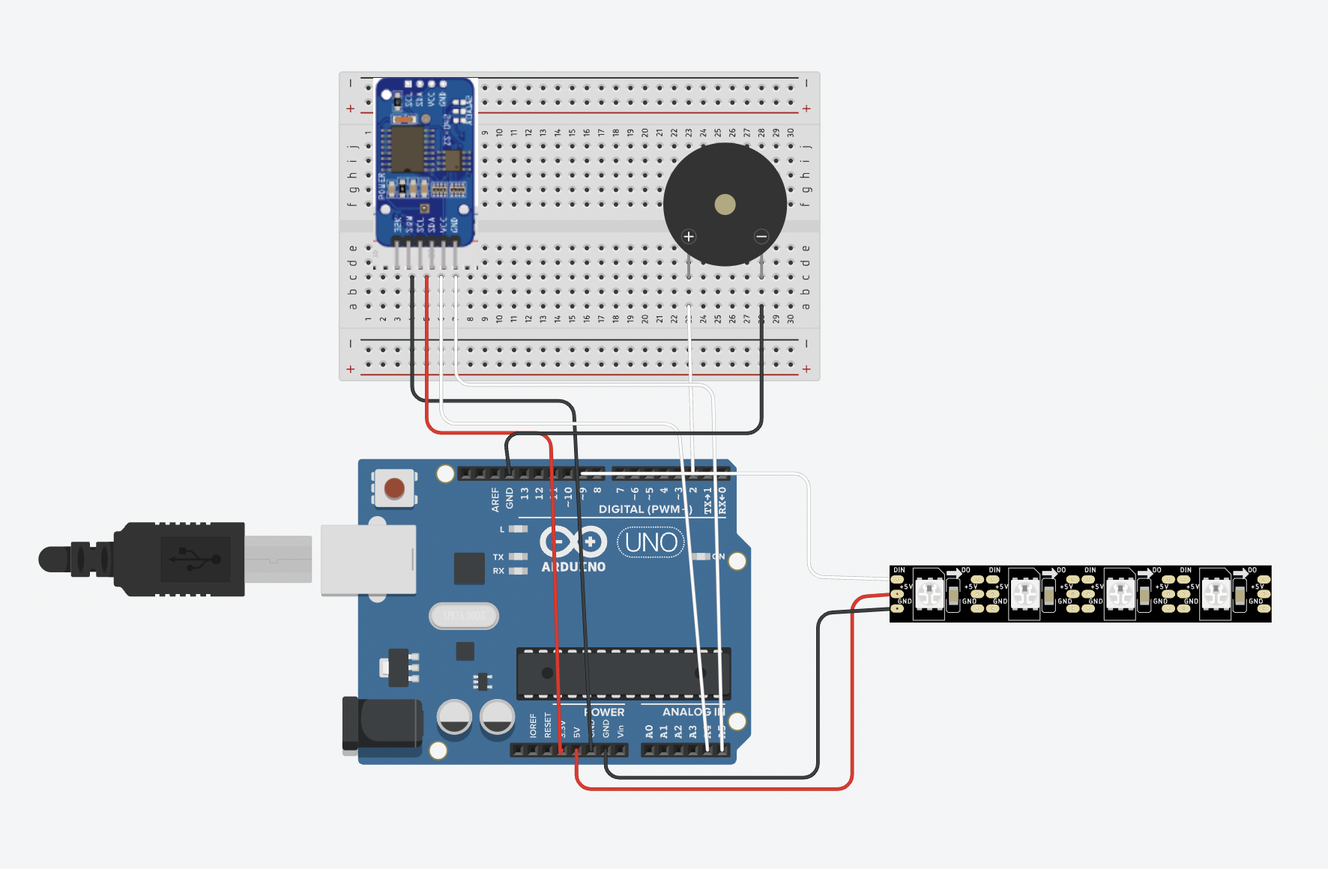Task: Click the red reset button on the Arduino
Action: coord(394,488)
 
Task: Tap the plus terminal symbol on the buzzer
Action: coord(689,237)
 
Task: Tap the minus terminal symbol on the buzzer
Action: coord(761,237)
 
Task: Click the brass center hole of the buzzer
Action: coord(725,205)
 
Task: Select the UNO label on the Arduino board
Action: coord(651,542)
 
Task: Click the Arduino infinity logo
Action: coord(573,542)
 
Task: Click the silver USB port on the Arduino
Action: coord(368,560)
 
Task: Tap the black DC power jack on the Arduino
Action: coord(382,724)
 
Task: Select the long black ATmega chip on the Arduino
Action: coord(622,673)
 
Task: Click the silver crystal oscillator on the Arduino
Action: coord(464,616)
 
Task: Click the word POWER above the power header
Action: coord(603,712)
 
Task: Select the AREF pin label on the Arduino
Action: coord(495,500)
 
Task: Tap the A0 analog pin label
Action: coord(649,730)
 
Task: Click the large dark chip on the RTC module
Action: coord(407,148)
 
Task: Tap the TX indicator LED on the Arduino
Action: coord(518,557)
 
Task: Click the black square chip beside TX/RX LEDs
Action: coord(469,569)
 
